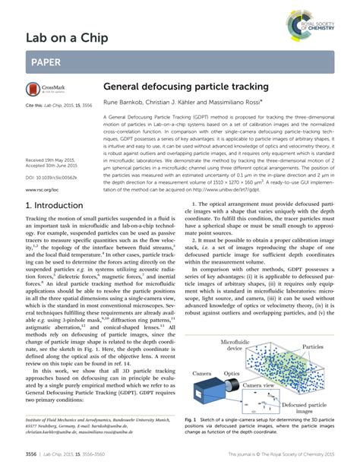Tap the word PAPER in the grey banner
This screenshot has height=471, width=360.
click(x=47, y=62)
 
